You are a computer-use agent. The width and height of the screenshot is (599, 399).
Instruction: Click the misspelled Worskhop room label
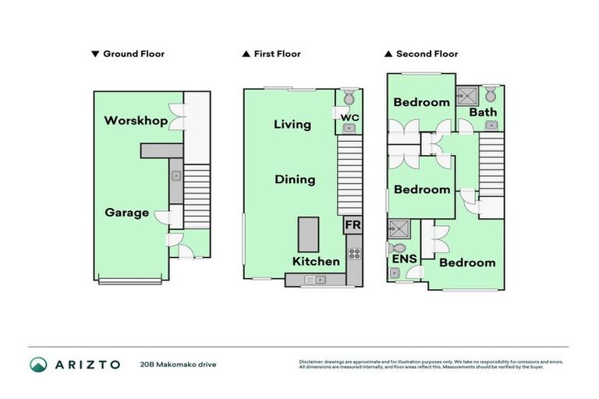tap(136, 121)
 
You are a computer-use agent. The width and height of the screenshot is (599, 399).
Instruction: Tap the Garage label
tap(127, 212)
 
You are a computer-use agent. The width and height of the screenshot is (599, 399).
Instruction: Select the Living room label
tap(292, 124)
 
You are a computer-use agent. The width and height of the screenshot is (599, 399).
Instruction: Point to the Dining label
tap(295, 179)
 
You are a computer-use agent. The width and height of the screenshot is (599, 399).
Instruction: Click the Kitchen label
tap(316, 261)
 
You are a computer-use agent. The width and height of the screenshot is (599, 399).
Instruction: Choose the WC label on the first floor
tap(349, 118)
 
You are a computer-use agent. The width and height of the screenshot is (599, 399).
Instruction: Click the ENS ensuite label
tap(404, 259)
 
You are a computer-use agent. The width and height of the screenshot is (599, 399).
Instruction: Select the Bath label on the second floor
tap(483, 112)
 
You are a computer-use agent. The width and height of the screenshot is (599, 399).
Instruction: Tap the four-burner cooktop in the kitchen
tap(353, 252)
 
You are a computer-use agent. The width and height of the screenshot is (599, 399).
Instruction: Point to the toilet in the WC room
tap(349, 98)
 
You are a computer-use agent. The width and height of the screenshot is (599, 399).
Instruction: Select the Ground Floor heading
tap(128, 54)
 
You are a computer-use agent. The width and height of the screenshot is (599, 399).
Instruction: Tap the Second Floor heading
tap(420, 54)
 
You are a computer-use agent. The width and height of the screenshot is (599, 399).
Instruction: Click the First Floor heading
tap(271, 54)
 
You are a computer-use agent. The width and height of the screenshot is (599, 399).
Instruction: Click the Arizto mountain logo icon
tap(38, 364)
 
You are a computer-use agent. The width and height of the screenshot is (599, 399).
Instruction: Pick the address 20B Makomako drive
tap(178, 364)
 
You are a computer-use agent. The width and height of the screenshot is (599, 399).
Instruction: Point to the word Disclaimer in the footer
tap(310, 362)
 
